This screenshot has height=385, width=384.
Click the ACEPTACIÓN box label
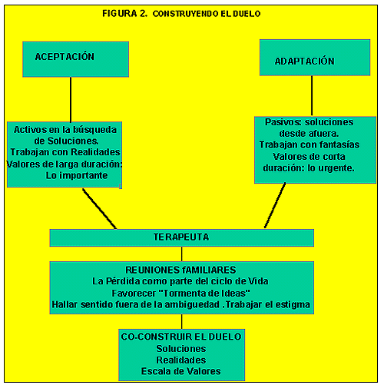[65, 56]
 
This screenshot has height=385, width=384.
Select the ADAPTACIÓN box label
[304, 61]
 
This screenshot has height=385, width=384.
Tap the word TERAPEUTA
[181, 237]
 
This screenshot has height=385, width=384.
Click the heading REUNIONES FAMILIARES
[180, 270]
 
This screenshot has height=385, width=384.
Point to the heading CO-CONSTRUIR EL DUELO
[181, 337]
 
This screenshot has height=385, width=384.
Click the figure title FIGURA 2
[125, 13]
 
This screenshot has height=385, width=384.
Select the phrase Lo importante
[77, 175]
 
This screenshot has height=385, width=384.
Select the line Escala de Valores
[180, 371]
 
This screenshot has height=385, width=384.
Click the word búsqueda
[94, 130]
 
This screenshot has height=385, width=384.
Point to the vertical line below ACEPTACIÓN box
[71, 99]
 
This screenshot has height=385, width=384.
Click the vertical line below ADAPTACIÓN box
[312, 95]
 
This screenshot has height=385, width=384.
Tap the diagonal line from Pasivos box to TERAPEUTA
[275, 205]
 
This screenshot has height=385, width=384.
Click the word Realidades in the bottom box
[181, 360]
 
